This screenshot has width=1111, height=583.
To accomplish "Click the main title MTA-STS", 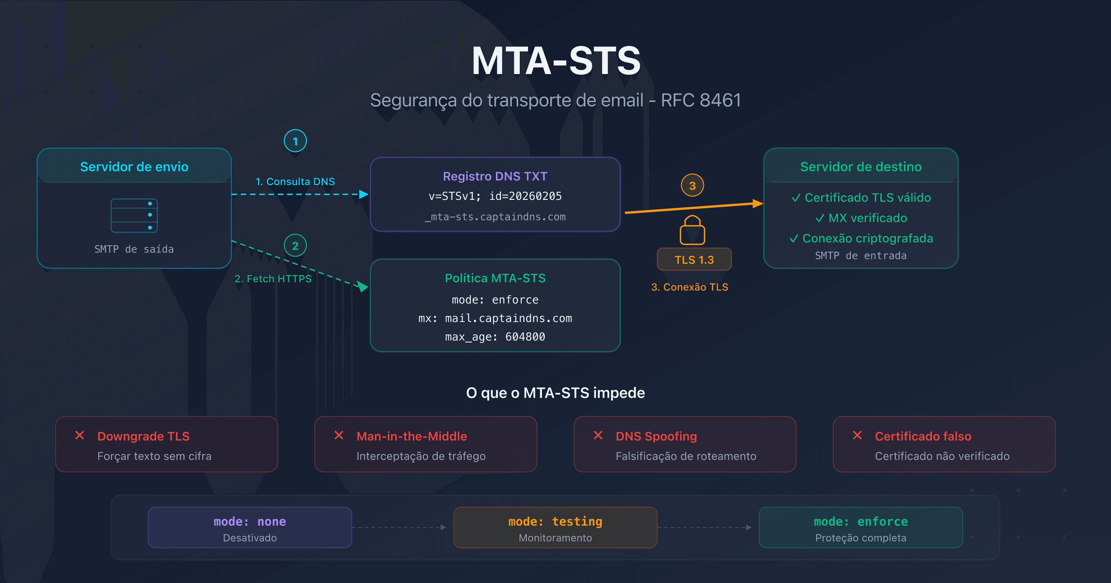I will [x=555, y=61].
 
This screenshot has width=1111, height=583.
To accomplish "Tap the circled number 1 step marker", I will [x=295, y=141].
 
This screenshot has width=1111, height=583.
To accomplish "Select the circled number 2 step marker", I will [x=295, y=246].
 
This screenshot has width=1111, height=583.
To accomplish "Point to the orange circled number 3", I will [x=692, y=185].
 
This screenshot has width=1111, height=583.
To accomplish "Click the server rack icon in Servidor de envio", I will [x=134, y=215].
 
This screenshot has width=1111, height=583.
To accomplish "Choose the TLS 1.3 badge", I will [x=694, y=260].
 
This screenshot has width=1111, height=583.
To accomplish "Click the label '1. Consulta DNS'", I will [x=295, y=182].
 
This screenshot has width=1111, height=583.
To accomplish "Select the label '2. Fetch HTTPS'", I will [x=273, y=279].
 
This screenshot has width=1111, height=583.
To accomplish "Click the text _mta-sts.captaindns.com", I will [x=495, y=217].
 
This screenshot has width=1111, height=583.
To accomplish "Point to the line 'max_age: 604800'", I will [x=495, y=337].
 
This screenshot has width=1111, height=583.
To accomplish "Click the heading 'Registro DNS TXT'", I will [x=495, y=176].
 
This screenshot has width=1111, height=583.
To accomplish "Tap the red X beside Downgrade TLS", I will [x=80, y=436].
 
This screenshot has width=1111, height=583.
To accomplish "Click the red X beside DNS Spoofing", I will [x=598, y=436].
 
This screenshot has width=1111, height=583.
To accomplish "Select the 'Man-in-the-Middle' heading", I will [x=411, y=436].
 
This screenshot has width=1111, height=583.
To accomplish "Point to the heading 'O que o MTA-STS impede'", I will [x=555, y=393].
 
